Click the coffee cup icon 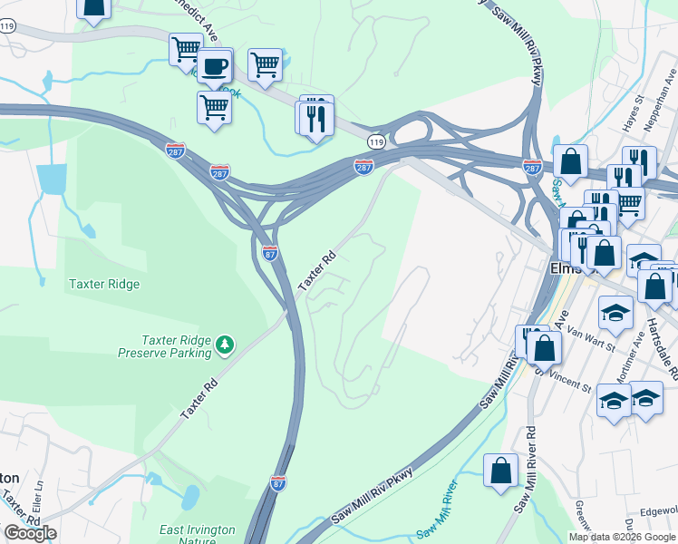click(x=215, y=66)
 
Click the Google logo click(x=30, y=533)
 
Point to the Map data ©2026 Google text click(x=621, y=537)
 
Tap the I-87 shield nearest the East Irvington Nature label click(x=278, y=481)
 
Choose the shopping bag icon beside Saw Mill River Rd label click(x=500, y=471)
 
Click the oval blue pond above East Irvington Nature click(x=190, y=497)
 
